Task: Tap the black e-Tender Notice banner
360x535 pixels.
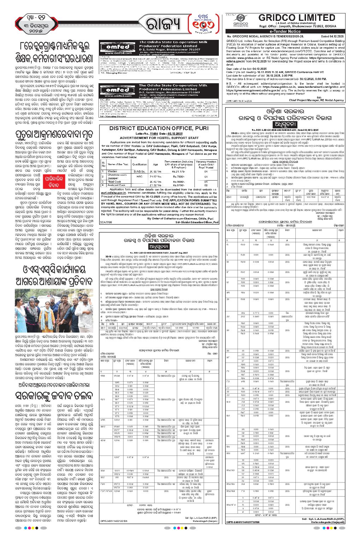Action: coord(285,31)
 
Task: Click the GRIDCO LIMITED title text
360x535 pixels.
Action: coord(296,17)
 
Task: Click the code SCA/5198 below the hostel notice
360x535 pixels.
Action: coord(106,223)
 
